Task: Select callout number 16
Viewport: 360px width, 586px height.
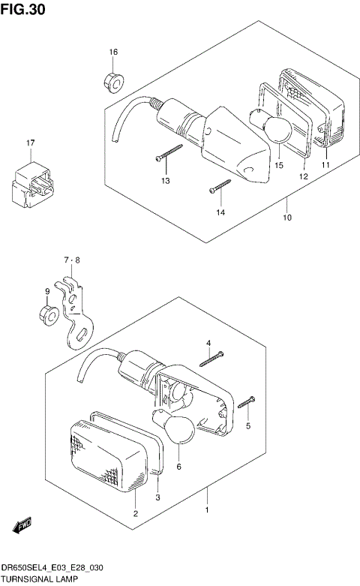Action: pos(113,52)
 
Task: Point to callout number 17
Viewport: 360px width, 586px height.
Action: pos(31,143)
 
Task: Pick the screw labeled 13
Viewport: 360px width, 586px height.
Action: pos(169,153)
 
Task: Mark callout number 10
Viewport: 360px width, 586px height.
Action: pos(288,218)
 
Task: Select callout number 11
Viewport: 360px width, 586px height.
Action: pos(326,164)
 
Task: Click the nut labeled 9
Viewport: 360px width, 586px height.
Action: pos(49,314)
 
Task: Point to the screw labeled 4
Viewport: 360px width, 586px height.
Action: pos(213,358)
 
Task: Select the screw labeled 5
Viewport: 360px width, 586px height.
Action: pos(247,403)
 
